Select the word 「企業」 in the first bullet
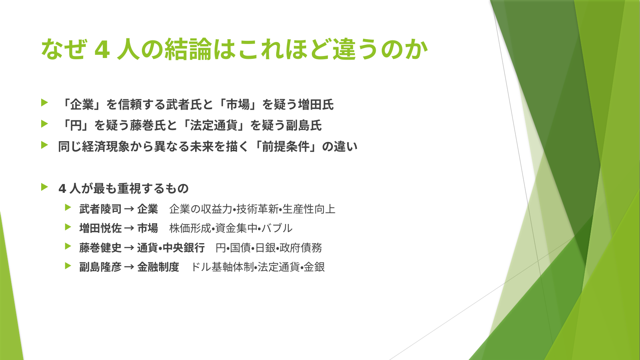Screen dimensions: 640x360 click(x=82, y=104)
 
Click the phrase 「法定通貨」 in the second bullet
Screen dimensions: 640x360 click(x=214, y=126)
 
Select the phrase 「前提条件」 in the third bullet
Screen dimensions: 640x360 click(x=286, y=147)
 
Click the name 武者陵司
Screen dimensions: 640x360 click(x=101, y=209)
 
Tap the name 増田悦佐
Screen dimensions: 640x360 click(x=101, y=228)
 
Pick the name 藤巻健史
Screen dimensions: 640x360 click(x=101, y=248)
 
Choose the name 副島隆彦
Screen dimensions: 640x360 click(x=101, y=267)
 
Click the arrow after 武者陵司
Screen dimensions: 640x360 click(x=129, y=209)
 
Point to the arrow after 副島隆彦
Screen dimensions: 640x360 click(x=129, y=267)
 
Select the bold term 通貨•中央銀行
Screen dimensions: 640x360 click(x=171, y=248)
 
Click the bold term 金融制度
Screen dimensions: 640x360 click(x=158, y=267)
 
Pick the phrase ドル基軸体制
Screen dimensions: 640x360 click(x=222, y=267)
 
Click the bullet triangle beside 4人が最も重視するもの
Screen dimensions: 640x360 click(x=44, y=187)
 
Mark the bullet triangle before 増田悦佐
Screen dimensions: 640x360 click(x=68, y=227)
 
